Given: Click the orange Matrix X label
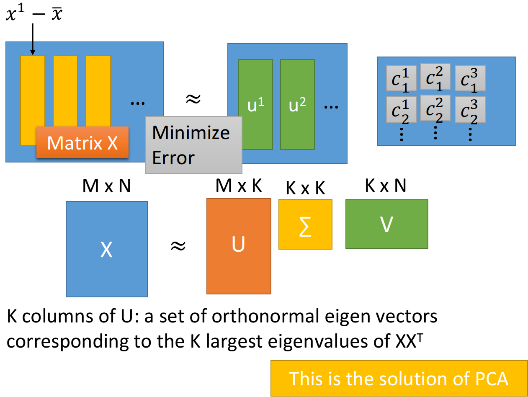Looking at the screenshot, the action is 82,142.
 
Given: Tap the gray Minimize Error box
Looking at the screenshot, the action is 194,145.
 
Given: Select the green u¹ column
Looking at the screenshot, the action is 256,104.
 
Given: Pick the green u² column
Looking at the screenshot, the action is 297,104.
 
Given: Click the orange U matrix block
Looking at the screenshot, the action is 239,246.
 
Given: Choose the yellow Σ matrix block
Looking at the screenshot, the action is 306,224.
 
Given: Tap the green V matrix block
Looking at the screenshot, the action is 387,224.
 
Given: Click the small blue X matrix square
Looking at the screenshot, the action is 107,249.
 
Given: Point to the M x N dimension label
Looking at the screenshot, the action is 106,186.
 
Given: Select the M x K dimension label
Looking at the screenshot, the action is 239,186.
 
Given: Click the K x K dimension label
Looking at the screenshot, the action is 306,188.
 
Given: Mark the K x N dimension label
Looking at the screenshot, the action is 386,186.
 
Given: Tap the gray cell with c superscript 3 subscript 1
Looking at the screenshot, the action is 470,78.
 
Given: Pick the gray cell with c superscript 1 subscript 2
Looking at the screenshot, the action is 401,110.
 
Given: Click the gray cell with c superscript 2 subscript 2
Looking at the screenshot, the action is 435,108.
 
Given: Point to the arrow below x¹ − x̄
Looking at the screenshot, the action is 33,39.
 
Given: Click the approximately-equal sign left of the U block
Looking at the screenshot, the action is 178,246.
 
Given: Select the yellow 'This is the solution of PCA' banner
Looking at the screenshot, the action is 399,378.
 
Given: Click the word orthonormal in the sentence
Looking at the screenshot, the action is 266,316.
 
